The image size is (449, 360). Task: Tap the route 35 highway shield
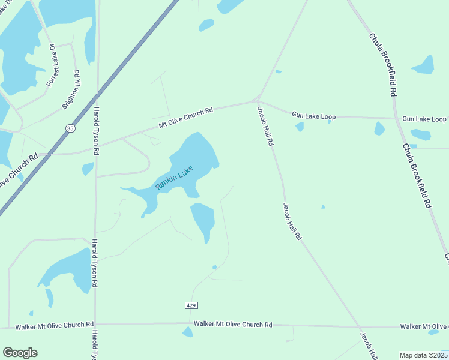(71, 128)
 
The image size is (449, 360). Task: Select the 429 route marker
(191, 305)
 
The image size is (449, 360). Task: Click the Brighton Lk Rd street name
(71, 90)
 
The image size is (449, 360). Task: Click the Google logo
(20, 353)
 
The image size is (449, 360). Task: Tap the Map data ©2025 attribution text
(423, 355)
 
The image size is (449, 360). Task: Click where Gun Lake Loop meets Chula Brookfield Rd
(396, 118)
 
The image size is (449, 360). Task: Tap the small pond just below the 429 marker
(188, 331)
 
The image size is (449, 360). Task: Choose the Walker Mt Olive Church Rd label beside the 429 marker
(233, 325)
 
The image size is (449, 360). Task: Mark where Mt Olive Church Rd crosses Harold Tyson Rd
(96, 145)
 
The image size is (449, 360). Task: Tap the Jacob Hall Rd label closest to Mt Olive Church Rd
(265, 127)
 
